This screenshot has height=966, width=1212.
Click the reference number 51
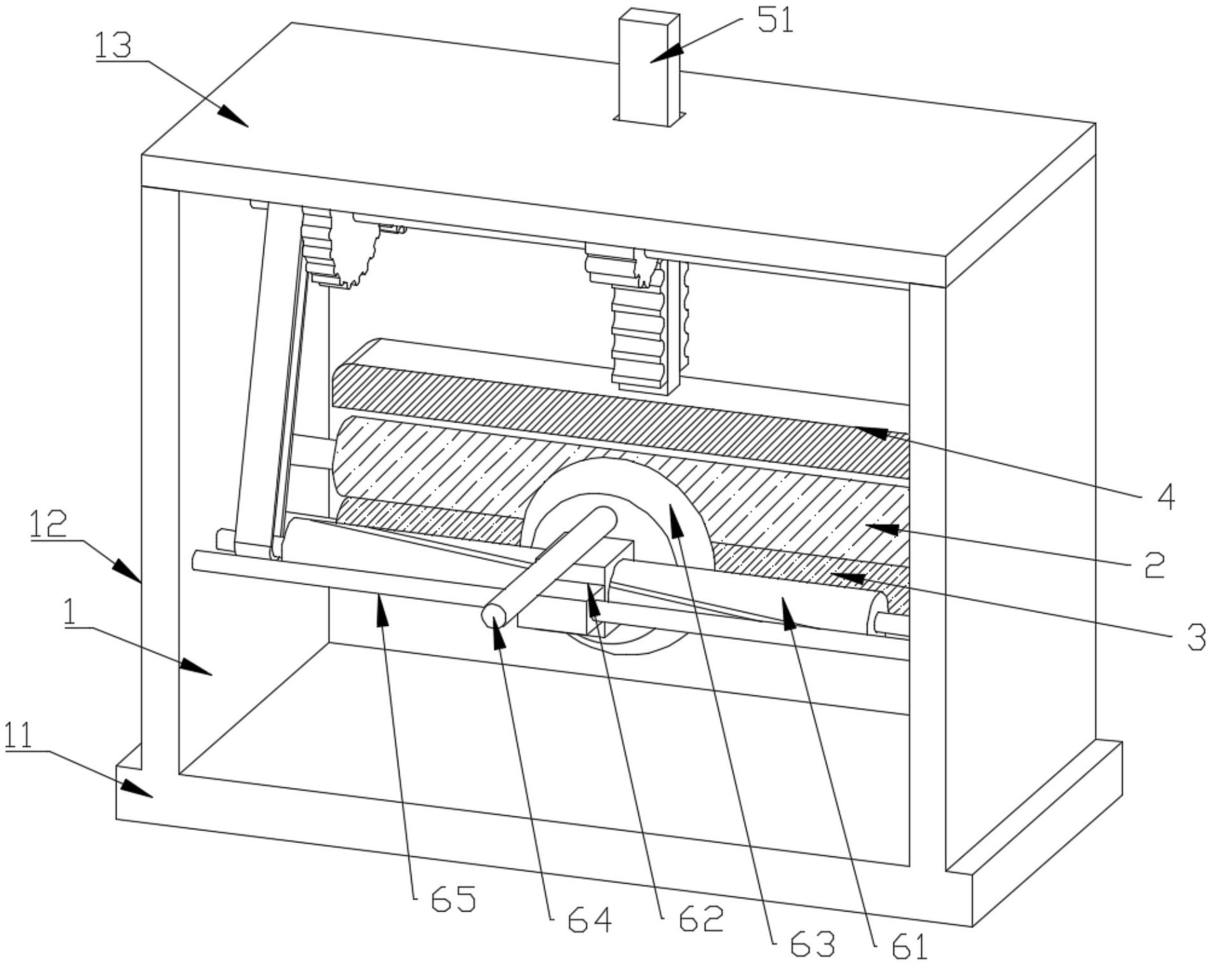point(774,22)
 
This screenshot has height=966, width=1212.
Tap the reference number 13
point(113,46)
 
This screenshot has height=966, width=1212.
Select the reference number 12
point(47,524)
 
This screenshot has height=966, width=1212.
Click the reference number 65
point(453,899)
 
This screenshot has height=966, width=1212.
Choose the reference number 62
point(700,918)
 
